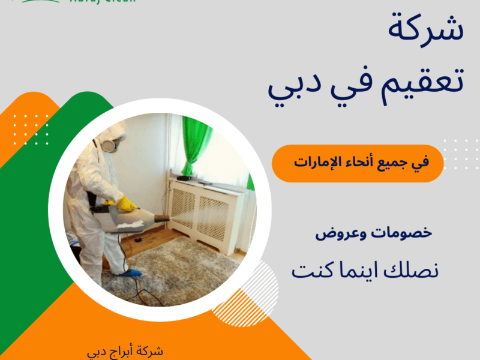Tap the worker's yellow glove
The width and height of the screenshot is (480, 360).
(127, 204)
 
